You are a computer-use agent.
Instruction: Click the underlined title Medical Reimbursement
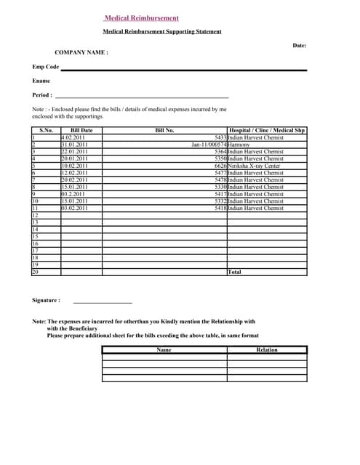(x=141, y=18)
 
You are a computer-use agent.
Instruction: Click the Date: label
(x=300, y=45)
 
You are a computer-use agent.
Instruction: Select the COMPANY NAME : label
(x=81, y=52)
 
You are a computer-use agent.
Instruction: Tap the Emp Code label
(x=45, y=67)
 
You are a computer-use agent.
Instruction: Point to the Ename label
(x=41, y=81)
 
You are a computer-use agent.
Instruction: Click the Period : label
(x=42, y=94)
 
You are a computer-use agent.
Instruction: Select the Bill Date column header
(x=81, y=130)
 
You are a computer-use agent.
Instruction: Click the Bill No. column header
(x=165, y=130)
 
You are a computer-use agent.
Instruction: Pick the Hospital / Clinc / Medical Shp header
(x=267, y=130)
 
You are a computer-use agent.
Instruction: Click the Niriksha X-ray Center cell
(x=254, y=166)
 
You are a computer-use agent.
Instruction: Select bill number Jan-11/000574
(x=209, y=145)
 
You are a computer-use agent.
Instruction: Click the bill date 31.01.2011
(x=73, y=145)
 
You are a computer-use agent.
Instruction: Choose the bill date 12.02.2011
(x=73, y=173)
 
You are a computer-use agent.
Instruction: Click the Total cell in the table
(x=235, y=272)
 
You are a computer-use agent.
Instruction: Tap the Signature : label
(x=46, y=300)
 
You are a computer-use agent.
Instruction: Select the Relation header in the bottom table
(x=267, y=350)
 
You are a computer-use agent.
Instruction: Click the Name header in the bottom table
(x=164, y=350)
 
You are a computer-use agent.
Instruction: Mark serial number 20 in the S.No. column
(x=35, y=272)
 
